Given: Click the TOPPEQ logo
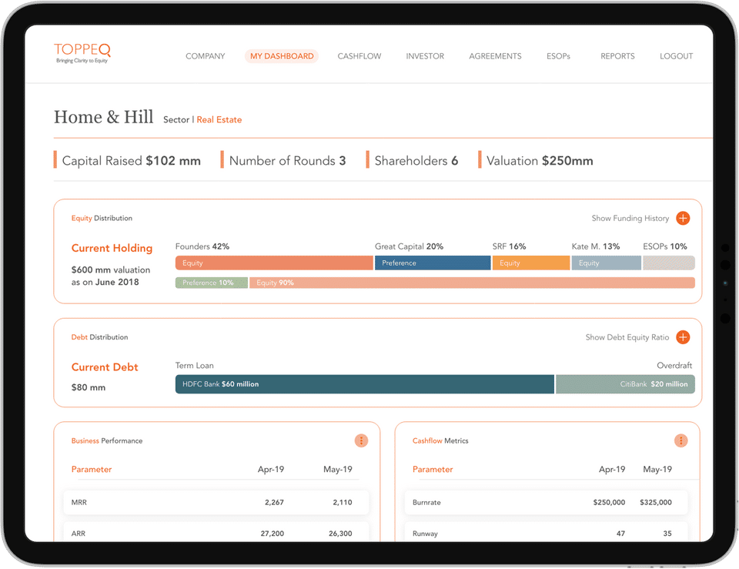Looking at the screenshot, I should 82,52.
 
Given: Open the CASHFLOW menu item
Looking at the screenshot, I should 359,56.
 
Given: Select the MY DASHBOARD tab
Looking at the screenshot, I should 282,56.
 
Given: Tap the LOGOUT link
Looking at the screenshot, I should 676,56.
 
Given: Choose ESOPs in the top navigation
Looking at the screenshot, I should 558,56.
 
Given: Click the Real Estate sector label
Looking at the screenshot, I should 219,120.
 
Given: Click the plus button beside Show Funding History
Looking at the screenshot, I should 683,219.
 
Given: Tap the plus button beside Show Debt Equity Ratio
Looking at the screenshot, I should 683,337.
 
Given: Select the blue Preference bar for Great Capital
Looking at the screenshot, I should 433,263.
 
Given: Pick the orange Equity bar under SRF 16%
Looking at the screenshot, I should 531,263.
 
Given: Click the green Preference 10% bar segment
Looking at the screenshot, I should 212,283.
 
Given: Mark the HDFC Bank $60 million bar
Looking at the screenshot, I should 365,383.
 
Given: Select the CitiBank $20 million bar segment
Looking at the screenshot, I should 625,383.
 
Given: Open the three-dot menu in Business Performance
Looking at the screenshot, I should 362,440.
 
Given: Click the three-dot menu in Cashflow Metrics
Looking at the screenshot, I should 680,440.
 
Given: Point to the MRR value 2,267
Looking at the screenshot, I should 274,503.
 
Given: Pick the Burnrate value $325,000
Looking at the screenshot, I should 655,503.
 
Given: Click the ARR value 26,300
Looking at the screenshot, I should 339,534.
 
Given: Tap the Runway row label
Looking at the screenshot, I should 426,534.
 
